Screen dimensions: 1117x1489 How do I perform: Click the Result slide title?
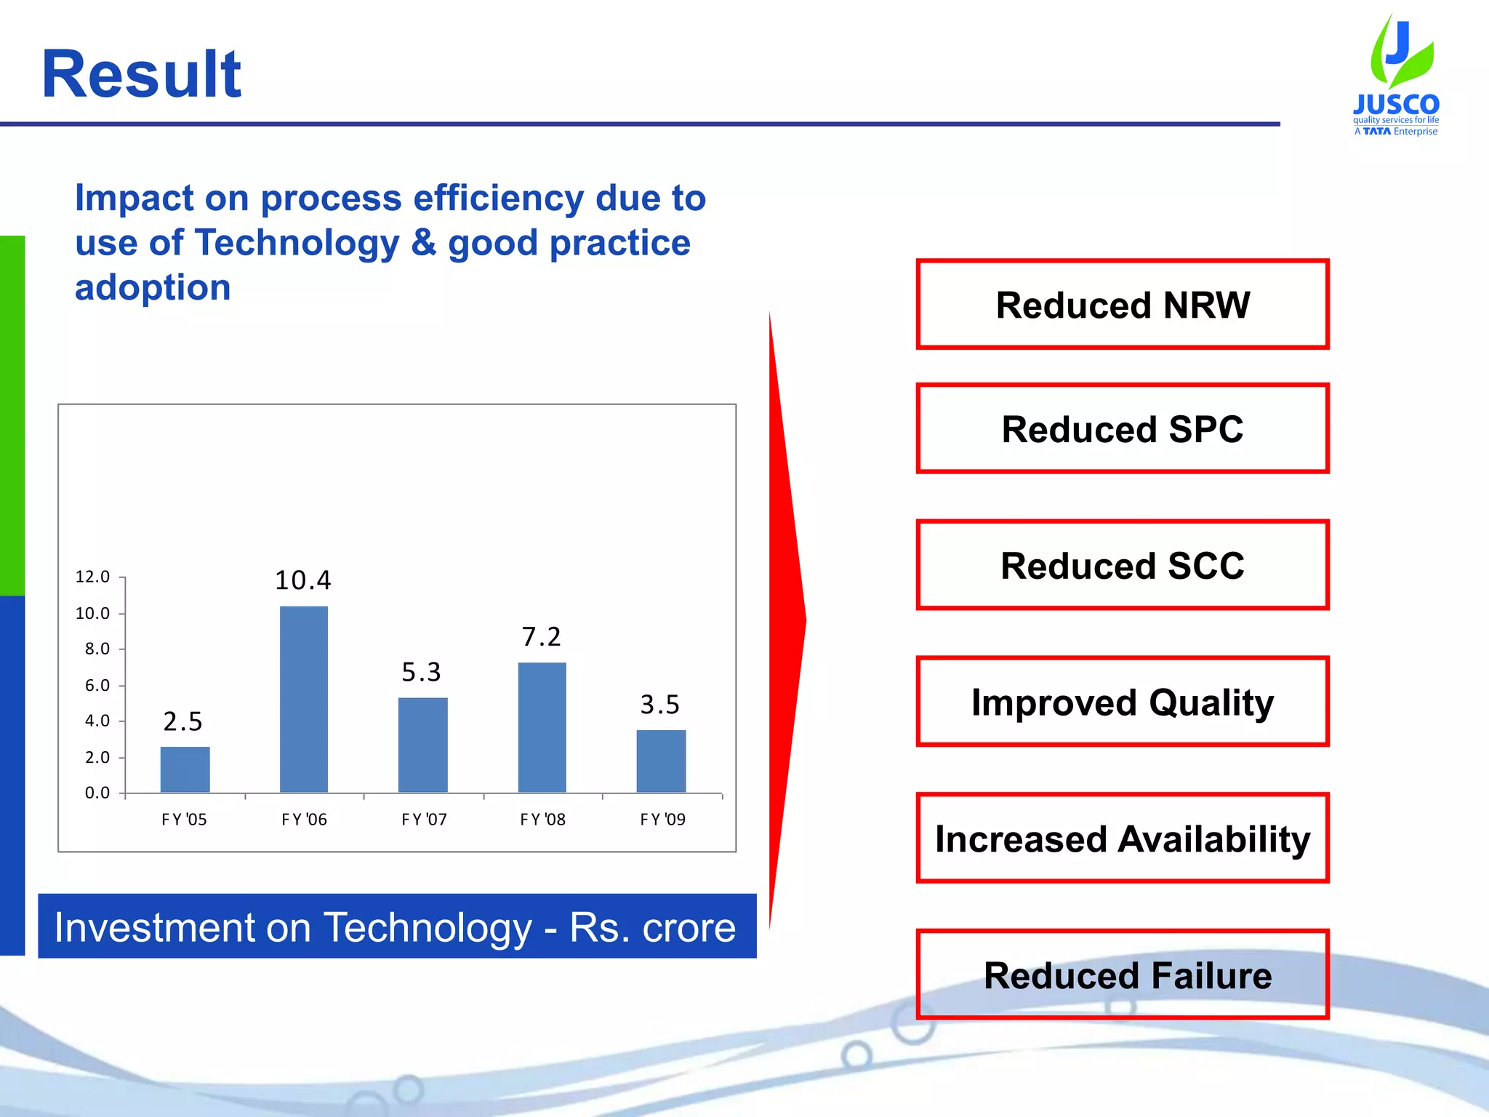(x=141, y=74)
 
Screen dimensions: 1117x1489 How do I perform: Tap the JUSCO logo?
(x=1396, y=76)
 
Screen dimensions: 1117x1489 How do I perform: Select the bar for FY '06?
(x=304, y=699)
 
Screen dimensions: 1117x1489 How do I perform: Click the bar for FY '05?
(x=185, y=769)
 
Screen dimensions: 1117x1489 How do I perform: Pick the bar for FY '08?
(x=542, y=727)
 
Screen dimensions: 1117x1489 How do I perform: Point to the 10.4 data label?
(x=302, y=580)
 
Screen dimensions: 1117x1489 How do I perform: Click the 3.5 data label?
(x=659, y=704)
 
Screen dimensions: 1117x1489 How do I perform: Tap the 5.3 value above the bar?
(x=421, y=672)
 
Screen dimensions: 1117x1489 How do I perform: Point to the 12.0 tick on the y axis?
(x=92, y=577)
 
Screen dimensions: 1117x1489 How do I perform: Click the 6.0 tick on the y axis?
(x=97, y=685)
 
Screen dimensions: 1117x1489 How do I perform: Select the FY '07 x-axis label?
(x=424, y=820)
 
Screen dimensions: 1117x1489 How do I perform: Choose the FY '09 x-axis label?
(x=662, y=820)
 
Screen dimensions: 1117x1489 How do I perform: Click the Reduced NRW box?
(x=1122, y=304)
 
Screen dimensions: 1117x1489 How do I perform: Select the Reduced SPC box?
(x=1122, y=428)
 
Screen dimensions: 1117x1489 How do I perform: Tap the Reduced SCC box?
(x=1122, y=565)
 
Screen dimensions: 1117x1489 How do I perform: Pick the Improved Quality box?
(x=1122, y=702)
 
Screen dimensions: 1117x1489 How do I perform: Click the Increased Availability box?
(x=1122, y=838)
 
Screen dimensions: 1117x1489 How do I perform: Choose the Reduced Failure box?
(x=1122, y=974)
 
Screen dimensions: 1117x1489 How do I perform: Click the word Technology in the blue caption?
(x=428, y=927)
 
